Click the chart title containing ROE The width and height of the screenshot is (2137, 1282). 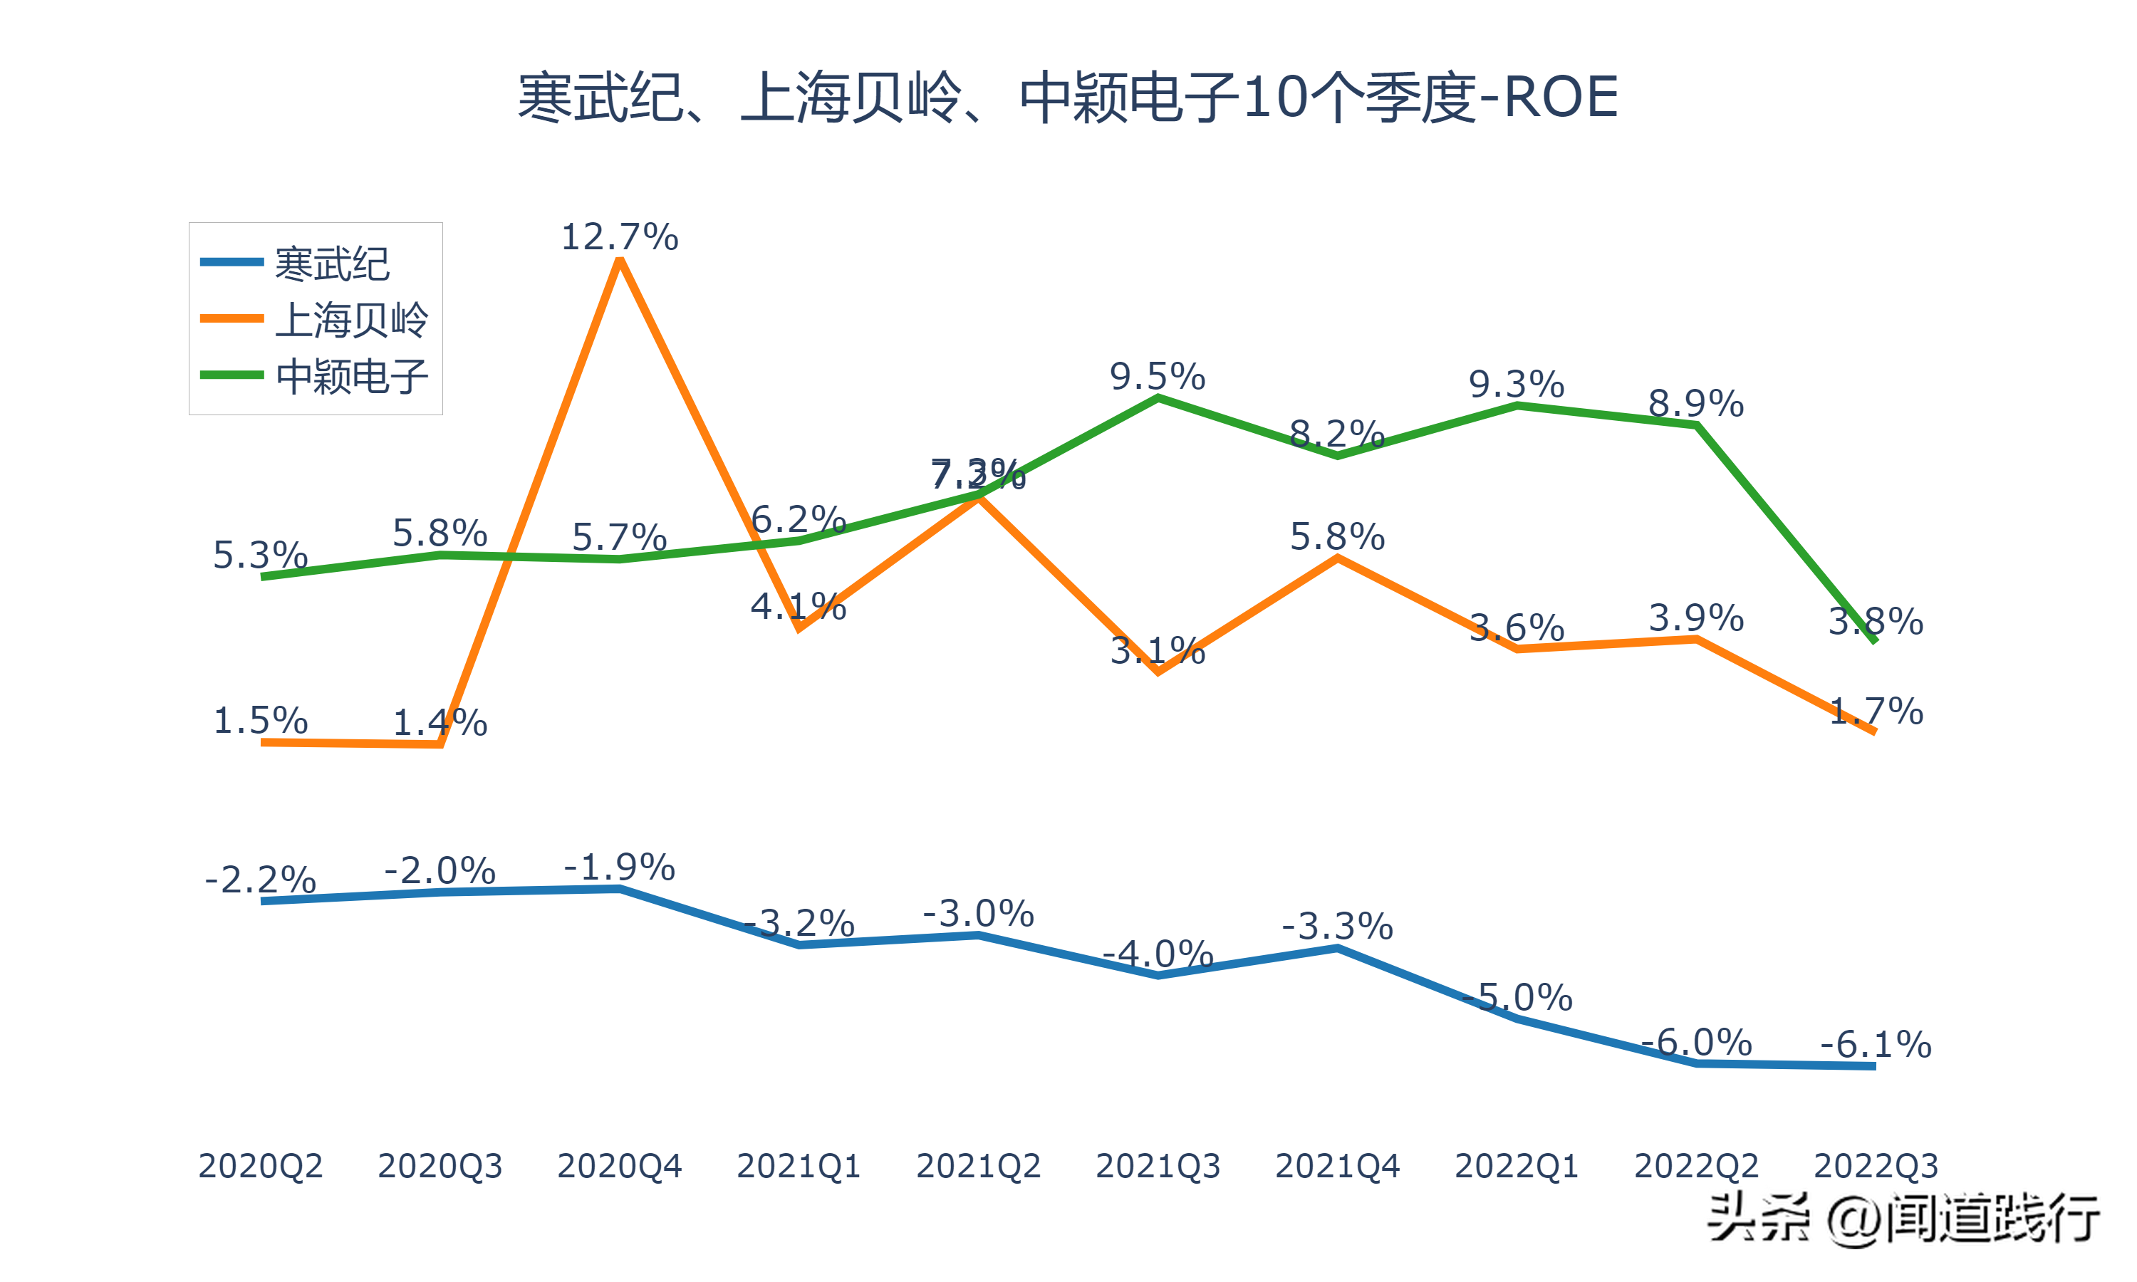1068,97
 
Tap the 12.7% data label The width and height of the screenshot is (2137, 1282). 619,236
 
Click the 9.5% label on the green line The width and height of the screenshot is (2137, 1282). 1158,377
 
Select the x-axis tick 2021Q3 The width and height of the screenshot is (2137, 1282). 1158,1166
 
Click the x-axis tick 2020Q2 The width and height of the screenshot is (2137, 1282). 260,1166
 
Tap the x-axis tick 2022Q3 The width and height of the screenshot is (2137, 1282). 1876,1166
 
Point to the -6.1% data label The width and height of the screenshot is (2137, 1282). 1876,1044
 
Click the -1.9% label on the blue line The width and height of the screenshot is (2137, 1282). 619,867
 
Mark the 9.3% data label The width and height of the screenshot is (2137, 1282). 1517,385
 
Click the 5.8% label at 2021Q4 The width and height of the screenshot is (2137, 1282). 1337,537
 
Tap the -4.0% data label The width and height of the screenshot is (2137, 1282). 1158,954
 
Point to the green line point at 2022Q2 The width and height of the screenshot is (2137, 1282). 1697,425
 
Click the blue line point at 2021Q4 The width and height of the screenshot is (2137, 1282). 1337,948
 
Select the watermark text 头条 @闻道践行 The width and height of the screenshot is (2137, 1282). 1903,1218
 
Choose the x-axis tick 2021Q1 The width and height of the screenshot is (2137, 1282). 799,1166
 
